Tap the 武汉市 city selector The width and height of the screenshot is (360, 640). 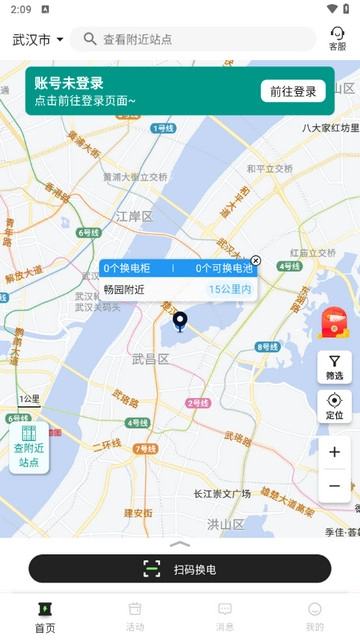pyautogui.click(x=37, y=40)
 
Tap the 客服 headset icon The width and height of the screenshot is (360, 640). pyautogui.click(x=337, y=38)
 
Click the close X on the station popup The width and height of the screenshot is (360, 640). pyautogui.click(x=255, y=260)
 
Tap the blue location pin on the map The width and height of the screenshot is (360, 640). pyautogui.click(x=180, y=321)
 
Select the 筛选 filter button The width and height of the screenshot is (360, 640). pyautogui.click(x=334, y=367)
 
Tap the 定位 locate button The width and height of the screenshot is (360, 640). pyautogui.click(x=334, y=406)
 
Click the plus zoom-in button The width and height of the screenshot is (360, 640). pyautogui.click(x=334, y=452)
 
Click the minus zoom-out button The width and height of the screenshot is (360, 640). pyautogui.click(x=334, y=486)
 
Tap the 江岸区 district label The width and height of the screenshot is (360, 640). pyautogui.click(x=134, y=216)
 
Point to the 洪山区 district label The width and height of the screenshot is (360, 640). pyautogui.click(x=225, y=523)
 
